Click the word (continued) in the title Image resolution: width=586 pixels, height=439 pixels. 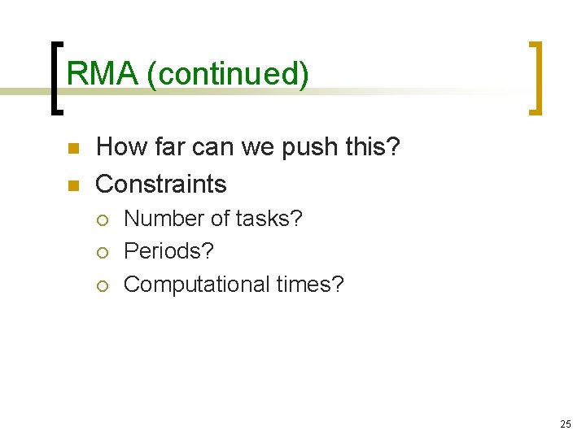(229, 74)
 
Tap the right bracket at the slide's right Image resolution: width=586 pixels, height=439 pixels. (536, 78)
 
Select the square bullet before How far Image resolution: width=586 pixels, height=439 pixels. (72, 150)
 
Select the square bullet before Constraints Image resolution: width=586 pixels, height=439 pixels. (72, 186)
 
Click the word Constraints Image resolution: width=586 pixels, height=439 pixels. (161, 185)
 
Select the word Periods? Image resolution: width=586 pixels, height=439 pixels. (168, 252)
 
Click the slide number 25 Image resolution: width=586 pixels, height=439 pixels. (566, 424)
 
